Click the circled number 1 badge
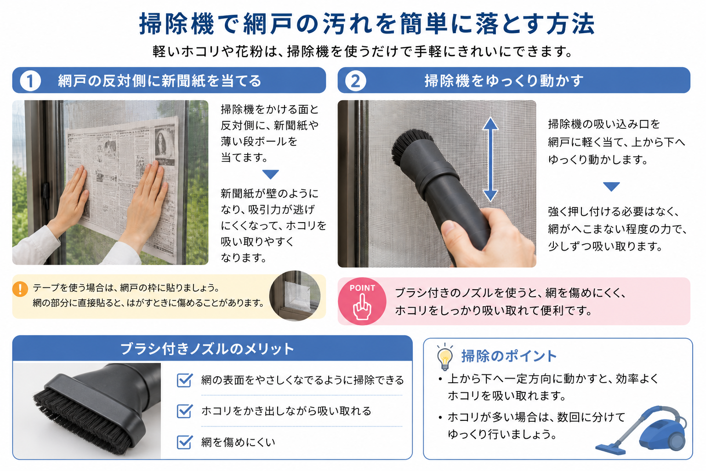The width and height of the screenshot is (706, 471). pos(30,81)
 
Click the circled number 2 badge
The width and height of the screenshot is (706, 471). pos(355,81)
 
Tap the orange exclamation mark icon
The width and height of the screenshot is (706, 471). pos(20,289)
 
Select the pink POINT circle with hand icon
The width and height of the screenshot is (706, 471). pos(362,301)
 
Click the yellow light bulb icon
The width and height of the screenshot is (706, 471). pos(445,357)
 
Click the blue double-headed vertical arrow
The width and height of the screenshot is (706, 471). pos(490,159)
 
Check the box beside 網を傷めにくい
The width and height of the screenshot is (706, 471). pos(184,442)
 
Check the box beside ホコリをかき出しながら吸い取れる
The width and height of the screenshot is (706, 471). pos(184,411)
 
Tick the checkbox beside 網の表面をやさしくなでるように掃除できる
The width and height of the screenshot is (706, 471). pos(184,380)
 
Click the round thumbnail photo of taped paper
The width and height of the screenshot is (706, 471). pos(295,296)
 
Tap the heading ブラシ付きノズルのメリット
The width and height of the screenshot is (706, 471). pos(207,349)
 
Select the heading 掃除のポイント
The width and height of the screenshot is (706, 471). pos(509,356)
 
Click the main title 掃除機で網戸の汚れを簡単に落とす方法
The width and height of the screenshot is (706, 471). pos(367,23)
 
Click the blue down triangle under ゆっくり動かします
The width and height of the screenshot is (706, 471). pos(611,186)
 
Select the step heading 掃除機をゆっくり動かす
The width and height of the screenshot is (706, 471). pos(504,81)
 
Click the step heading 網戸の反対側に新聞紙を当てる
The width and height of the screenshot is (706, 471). pos(159,81)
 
